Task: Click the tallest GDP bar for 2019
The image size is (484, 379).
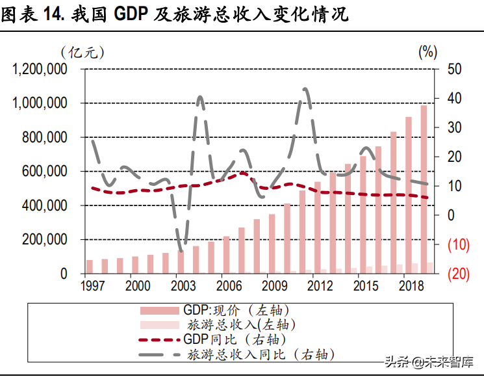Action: coord(424,189)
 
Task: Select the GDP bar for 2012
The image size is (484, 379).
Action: coord(318,228)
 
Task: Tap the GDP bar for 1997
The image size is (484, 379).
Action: coord(89,267)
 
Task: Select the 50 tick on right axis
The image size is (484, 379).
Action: coord(455,70)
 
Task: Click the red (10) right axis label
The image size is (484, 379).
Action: coord(458,245)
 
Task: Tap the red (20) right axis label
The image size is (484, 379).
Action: coord(458,274)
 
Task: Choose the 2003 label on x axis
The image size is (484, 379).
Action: coord(184,286)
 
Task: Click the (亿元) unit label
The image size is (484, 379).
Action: coord(82,51)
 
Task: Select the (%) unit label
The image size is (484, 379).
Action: coord(427,51)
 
